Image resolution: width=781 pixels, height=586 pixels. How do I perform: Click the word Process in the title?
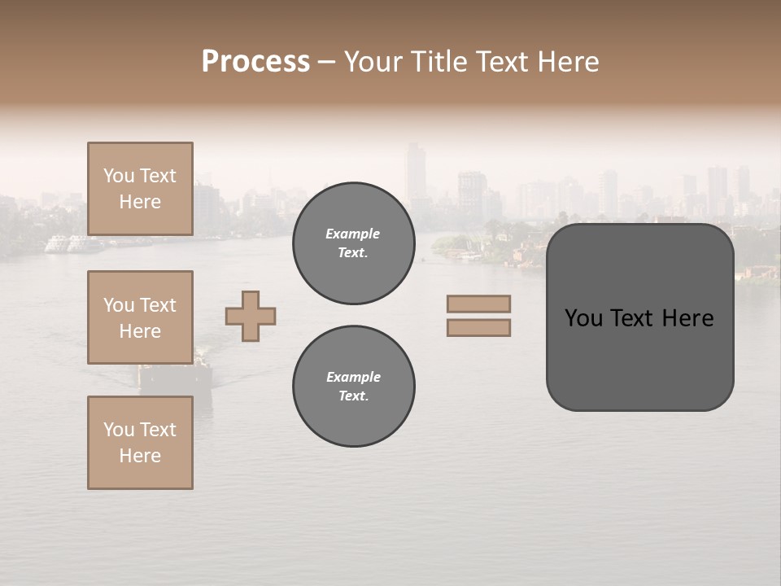255,62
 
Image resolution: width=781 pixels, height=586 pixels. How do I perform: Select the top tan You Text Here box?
140,189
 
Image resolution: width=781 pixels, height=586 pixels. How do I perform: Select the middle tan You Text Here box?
140,317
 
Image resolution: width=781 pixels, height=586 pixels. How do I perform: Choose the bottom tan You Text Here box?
140,443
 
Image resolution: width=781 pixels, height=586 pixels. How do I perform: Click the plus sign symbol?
251,316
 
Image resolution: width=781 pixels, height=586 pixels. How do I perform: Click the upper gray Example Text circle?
353,243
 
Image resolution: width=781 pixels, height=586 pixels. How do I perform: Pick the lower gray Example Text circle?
353,387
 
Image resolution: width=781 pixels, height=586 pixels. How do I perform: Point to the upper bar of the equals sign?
478,304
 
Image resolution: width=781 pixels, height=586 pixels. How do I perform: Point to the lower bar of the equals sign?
478,327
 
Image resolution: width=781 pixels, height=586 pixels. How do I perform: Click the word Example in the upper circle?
353,234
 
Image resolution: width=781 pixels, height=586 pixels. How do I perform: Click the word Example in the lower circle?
353,377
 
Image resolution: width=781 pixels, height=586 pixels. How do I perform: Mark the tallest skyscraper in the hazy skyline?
416,175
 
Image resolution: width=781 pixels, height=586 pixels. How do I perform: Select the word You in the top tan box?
118,176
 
